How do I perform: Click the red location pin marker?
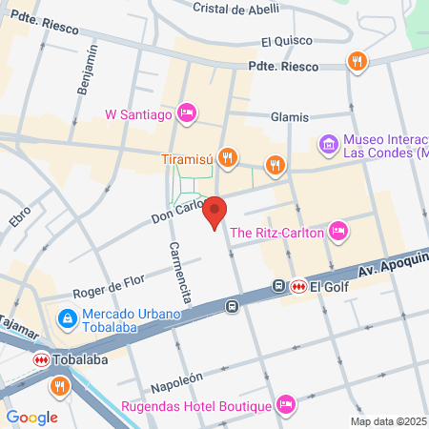pos(215,212)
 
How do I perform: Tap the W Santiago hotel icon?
pos(187,113)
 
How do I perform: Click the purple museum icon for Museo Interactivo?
pos(329,145)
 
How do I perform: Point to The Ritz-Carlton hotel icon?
pos(337,230)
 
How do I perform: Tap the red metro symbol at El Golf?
pos(298,285)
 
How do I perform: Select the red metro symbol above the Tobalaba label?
pos(41,359)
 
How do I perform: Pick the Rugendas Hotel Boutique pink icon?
pos(284,405)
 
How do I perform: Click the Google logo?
pos(31,417)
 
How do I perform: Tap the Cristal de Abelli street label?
pos(235,9)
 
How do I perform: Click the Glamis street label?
pos(290,116)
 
